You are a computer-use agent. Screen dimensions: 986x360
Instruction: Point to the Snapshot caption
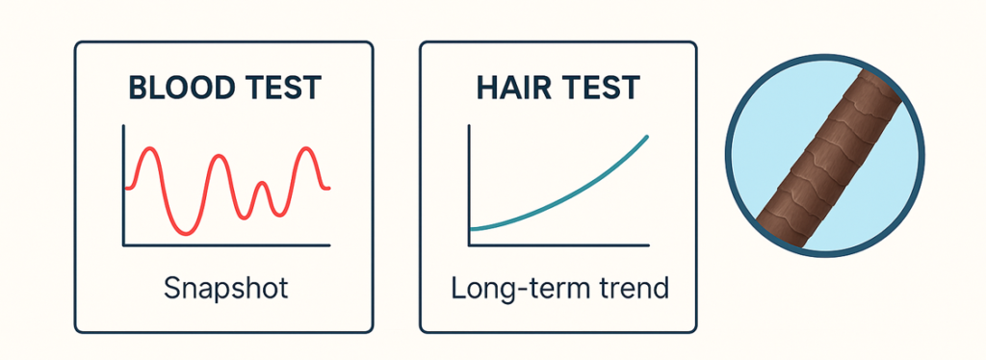click(x=225, y=289)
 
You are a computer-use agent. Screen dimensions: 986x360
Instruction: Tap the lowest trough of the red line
click(x=184, y=234)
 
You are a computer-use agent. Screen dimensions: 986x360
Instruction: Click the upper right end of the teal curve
click(x=647, y=137)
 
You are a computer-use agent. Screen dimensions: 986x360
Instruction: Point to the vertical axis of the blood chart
click(x=124, y=186)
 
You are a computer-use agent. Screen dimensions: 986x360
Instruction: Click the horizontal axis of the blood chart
click(x=226, y=245)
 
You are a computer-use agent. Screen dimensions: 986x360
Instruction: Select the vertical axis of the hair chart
click(x=469, y=186)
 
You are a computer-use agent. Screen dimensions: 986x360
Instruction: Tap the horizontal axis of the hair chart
click(x=559, y=245)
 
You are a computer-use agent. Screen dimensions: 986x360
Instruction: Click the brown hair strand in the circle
click(x=825, y=155)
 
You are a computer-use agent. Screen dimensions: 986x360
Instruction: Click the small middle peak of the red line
click(x=262, y=184)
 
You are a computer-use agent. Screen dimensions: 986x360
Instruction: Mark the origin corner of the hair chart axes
click(x=469, y=245)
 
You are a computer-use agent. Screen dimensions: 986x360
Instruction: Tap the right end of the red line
click(x=328, y=188)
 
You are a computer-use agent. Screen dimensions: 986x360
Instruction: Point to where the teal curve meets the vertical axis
click(x=470, y=229)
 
